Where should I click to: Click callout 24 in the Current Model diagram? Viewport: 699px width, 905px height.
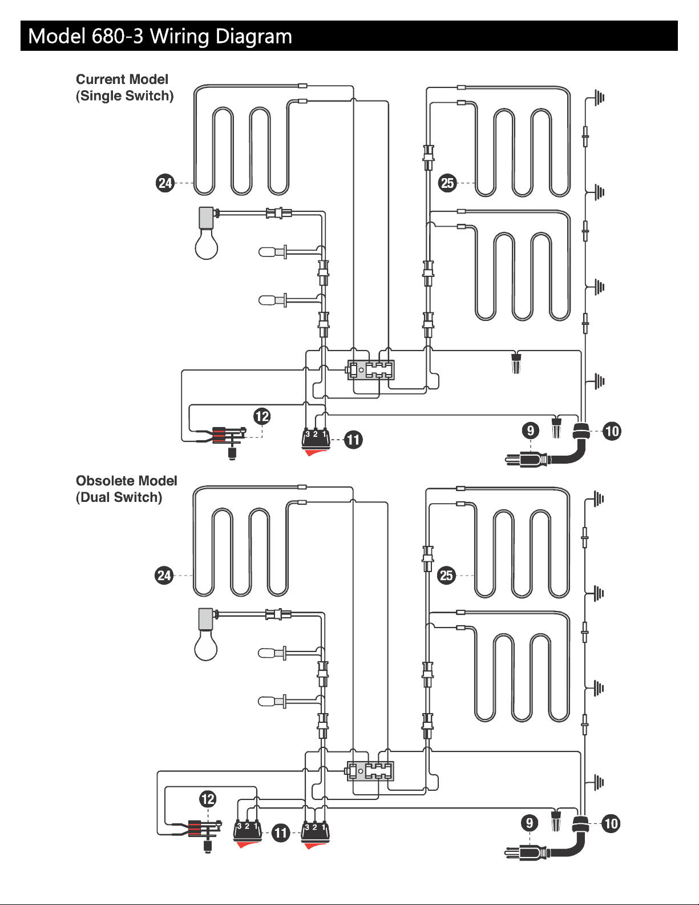tap(165, 183)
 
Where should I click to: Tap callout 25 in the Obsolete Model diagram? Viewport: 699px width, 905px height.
tap(446, 575)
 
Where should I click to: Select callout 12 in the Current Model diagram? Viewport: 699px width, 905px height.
tap(262, 416)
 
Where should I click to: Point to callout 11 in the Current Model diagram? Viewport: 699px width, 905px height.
tap(353, 440)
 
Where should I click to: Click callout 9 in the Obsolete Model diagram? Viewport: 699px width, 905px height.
tap(530, 823)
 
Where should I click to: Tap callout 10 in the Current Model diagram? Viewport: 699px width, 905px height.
tap(612, 431)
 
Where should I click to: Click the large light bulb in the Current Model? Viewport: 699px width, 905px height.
tap(207, 233)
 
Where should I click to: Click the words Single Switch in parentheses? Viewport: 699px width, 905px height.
tap(124, 96)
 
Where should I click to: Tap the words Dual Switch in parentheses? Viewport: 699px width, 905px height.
tap(119, 497)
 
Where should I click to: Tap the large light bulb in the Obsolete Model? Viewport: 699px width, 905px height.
tap(206, 634)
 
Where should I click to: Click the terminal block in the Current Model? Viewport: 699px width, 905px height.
tap(370, 370)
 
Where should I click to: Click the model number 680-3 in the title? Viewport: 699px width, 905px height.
tap(118, 36)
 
